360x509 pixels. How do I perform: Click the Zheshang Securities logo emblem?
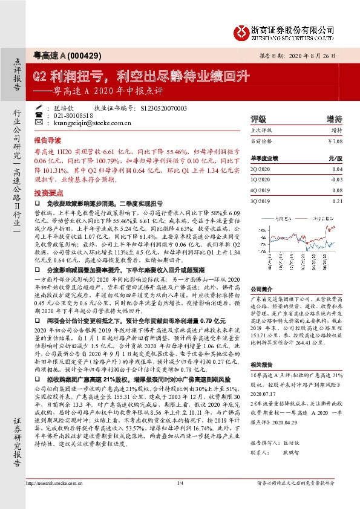pos(241,30)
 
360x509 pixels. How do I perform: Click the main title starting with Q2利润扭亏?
pos(140,77)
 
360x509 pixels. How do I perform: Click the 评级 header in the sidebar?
pos(258,118)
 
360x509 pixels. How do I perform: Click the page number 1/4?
pos(180,500)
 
